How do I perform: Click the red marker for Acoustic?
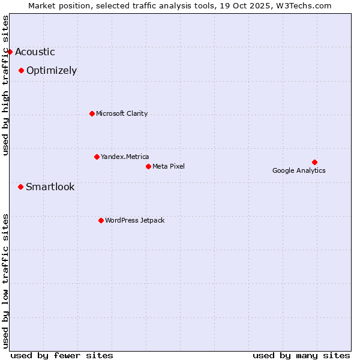10,52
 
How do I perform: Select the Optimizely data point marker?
21,70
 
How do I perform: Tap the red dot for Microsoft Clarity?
92,113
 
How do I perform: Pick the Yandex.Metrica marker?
97,157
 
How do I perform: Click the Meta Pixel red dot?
148,166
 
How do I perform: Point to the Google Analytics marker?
314,162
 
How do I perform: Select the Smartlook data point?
20,187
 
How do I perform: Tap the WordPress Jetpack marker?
101,220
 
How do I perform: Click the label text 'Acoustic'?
35,52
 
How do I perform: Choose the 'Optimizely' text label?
52,71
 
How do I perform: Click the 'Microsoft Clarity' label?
122,113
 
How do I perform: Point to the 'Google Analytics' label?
299,170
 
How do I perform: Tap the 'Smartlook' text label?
50,187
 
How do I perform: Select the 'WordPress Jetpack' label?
134,220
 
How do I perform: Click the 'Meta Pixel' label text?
169,166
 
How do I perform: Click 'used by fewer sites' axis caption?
62,355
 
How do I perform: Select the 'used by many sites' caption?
301,355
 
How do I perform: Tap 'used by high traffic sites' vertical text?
6,85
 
